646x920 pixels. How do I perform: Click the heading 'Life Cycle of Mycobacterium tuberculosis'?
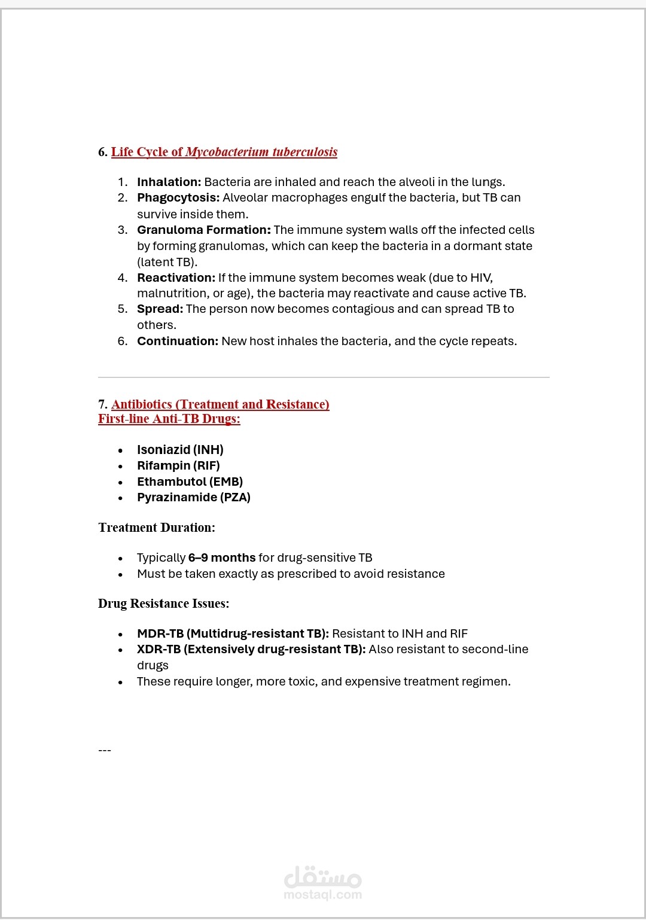pos(224,152)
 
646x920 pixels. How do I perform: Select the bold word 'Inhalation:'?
pos(169,182)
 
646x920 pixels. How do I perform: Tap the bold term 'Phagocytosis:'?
pos(178,197)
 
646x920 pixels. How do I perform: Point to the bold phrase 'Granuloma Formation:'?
pos(203,230)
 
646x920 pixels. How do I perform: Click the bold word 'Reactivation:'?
pos(176,278)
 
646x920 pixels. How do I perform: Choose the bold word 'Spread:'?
pos(160,309)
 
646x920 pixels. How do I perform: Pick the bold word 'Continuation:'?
pos(178,341)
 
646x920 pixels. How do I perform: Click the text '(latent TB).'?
pos(167,262)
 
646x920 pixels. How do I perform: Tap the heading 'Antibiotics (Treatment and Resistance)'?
pos(220,404)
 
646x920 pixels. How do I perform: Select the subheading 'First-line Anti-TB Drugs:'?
pos(169,419)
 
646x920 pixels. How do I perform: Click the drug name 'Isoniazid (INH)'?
pos(180,450)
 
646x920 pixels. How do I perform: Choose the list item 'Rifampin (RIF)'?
pos(178,465)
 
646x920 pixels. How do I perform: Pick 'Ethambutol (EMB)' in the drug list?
pos(190,482)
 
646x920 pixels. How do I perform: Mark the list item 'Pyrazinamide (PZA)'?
pos(193,497)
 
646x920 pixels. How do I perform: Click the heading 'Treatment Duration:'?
pos(157,528)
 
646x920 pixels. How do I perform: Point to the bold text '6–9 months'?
pos(222,558)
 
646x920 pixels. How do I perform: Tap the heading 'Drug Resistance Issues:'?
pos(163,604)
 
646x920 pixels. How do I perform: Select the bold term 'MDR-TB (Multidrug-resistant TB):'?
pos(233,633)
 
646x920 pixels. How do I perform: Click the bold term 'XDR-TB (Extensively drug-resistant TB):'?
pos(251,649)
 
